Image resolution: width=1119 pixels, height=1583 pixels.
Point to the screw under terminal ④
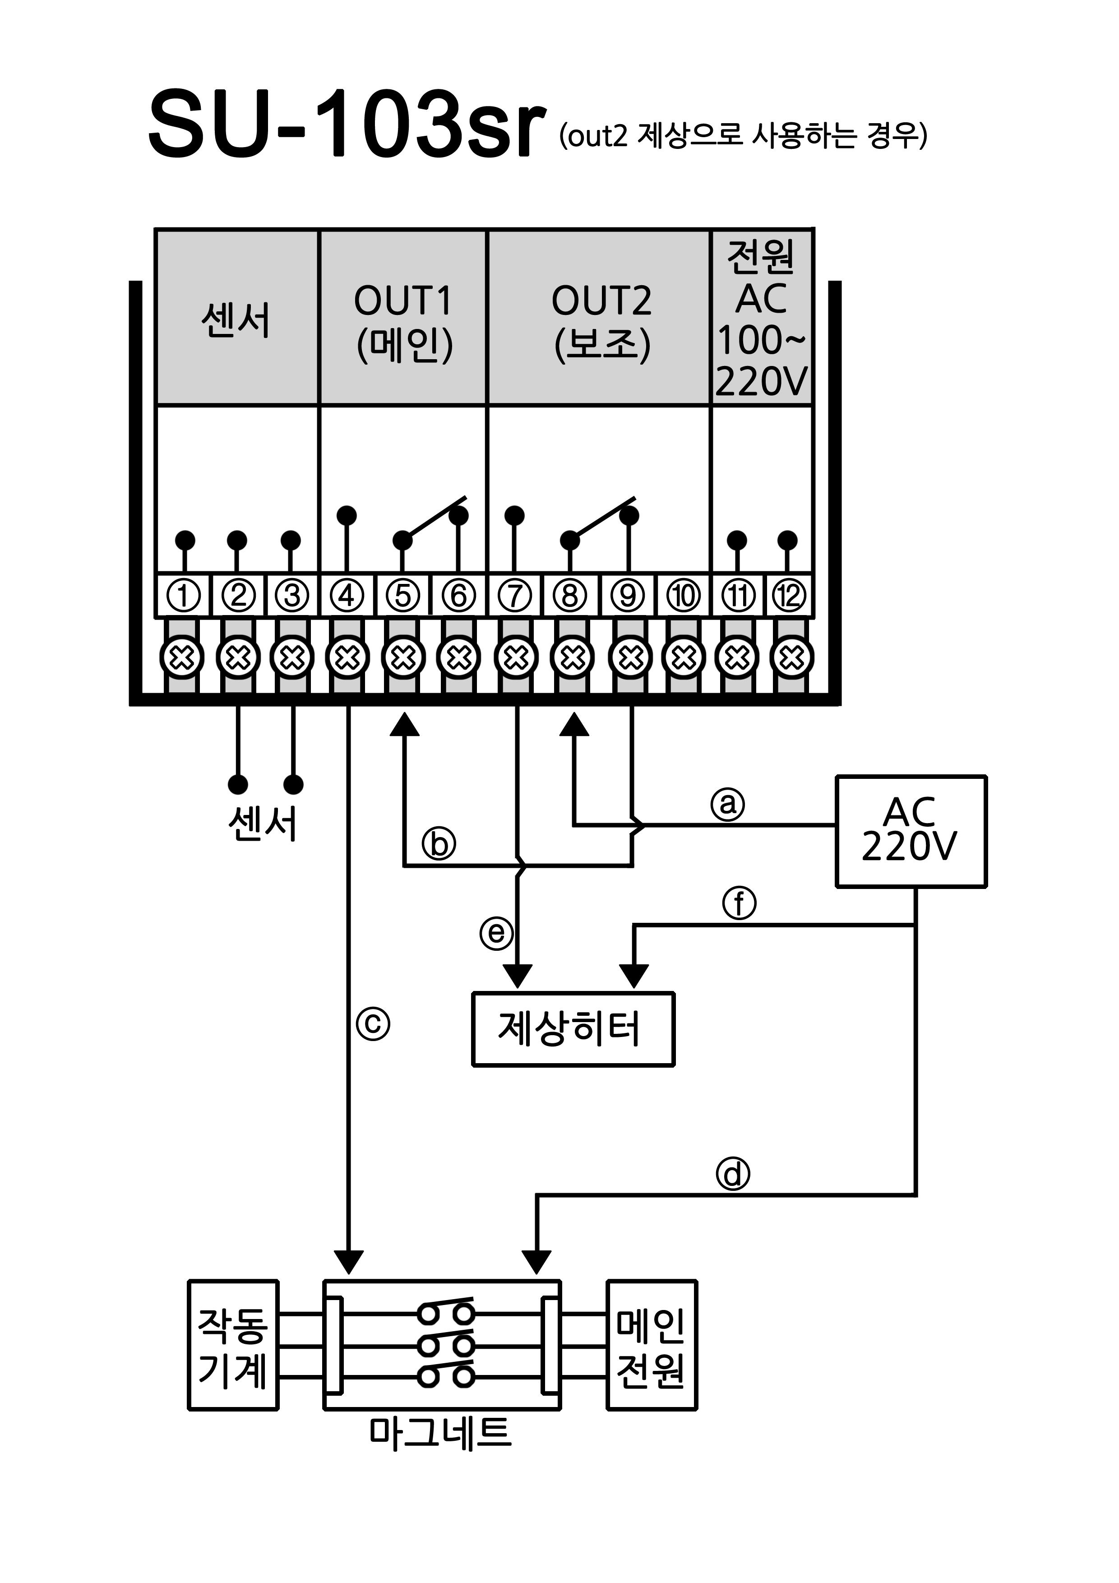[347, 658]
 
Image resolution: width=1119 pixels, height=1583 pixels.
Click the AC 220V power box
[911, 831]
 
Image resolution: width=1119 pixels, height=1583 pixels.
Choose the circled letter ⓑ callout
[439, 843]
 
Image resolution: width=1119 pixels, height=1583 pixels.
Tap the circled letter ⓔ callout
[496, 933]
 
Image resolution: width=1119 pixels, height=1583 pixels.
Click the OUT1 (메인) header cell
[403, 317]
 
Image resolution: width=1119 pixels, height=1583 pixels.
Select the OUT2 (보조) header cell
[598, 317]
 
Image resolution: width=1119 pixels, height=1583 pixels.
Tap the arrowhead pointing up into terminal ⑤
[404, 724]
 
